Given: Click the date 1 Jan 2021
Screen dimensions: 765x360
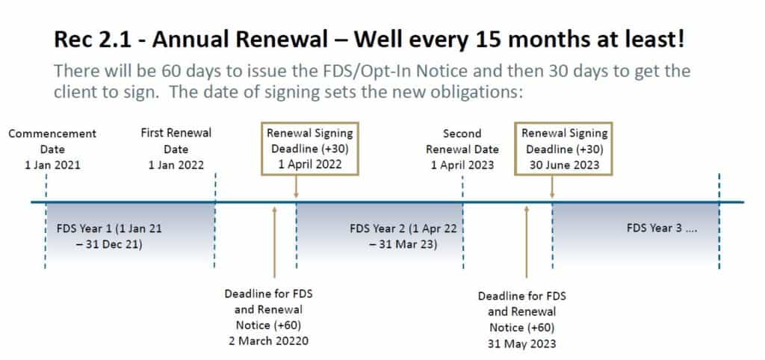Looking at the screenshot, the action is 53,165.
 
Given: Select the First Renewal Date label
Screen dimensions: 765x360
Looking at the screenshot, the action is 176,141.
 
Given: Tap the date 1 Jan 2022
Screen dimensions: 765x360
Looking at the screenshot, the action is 176,165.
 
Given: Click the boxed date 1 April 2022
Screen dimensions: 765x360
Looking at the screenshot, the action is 310,164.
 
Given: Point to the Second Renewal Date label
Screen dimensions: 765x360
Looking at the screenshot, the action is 462,141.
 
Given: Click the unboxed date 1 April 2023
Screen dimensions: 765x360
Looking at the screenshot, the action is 462,165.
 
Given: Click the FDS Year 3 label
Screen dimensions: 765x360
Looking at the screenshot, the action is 662,228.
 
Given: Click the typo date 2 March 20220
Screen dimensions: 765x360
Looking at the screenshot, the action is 269,341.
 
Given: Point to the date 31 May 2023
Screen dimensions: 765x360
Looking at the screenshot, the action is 521,344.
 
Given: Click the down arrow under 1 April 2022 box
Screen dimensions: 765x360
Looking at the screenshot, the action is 296,186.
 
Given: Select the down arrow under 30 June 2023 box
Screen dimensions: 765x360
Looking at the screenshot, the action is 552,186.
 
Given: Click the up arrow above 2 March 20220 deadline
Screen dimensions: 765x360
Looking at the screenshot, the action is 275,242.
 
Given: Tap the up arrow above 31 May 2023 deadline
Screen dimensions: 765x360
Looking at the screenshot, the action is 527,242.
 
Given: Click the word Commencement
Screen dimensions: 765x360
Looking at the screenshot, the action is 52,134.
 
